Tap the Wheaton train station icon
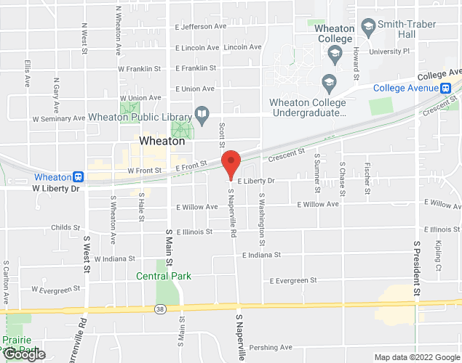pyautogui.click(x=78, y=176)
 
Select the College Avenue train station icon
pyautogui.click(x=446, y=89)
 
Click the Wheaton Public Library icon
pyautogui.click(x=202, y=115)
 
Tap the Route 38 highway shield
pyautogui.click(x=159, y=309)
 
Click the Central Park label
pyautogui.click(x=164, y=276)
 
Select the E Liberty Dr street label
pyautogui.click(x=257, y=181)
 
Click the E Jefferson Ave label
pyautogui.click(x=200, y=27)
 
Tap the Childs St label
pyautogui.click(x=65, y=227)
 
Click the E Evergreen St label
pyautogui.click(x=294, y=280)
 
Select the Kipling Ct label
pyautogui.click(x=439, y=255)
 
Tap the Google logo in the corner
pyautogui.click(x=23, y=354)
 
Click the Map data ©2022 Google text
pyautogui.click(x=416, y=357)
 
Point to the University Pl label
pyautogui.click(x=390, y=52)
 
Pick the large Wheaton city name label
pyautogui.click(x=162, y=142)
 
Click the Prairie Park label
pyautogui.click(x=16, y=340)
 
